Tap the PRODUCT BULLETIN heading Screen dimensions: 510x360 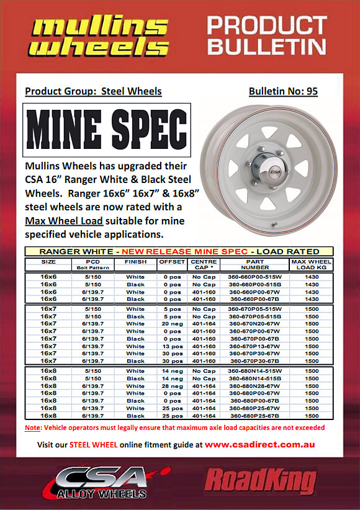(267, 35)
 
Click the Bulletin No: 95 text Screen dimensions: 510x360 (283, 91)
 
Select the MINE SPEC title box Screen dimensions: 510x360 (106, 130)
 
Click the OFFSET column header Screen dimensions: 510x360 (172, 262)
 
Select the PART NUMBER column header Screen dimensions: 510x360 (254, 265)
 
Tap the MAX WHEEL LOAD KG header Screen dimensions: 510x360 (311, 265)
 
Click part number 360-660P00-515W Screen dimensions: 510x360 (254, 277)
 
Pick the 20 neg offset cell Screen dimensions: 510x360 (172, 324)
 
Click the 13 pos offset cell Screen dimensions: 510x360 (172, 346)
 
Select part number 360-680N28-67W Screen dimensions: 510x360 (254, 385)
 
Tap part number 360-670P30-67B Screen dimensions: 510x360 (254, 360)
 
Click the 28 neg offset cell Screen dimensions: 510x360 (172, 385)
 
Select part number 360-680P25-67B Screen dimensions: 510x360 (254, 415)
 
